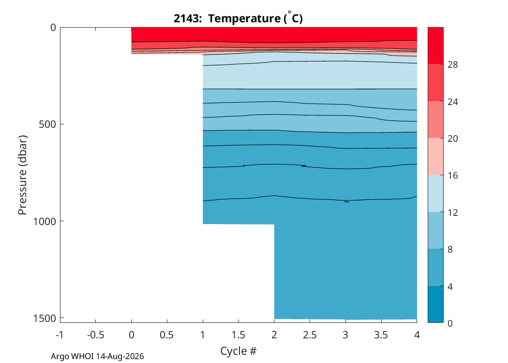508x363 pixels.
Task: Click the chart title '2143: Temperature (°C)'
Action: tap(238, 18)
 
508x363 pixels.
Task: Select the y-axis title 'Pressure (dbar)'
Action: tap(22, 175)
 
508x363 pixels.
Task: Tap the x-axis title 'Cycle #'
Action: tap(239, 351)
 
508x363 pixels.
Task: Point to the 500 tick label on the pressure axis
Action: tap(47, 124)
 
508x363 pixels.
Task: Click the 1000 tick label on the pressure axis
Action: tap(45, 221)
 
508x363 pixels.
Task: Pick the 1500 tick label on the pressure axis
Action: tap(45, 318)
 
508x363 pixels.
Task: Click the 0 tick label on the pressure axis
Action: tap(53, 28)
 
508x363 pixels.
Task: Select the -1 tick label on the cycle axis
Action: tap(60, 334)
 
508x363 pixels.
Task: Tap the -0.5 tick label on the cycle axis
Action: tap(96, 334)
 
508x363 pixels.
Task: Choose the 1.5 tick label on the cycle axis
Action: tap(239, 334)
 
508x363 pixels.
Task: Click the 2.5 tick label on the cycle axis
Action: tap(310, 334)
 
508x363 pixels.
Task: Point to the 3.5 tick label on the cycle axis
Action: tap(381, 334)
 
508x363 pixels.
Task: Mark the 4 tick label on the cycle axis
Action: tap(417, 334)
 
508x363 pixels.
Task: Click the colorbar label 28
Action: tap(452, 65)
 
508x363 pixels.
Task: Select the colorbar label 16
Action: tap(452, 176)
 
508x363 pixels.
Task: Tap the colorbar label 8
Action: tap(450, 250)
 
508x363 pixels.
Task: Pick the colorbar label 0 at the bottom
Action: tap(450, 323)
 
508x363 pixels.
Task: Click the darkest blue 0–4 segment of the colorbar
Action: tap(435, 304)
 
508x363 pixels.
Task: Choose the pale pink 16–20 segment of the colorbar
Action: tap(435, 156)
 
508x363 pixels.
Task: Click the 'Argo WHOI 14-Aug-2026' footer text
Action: tap(97, 357)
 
